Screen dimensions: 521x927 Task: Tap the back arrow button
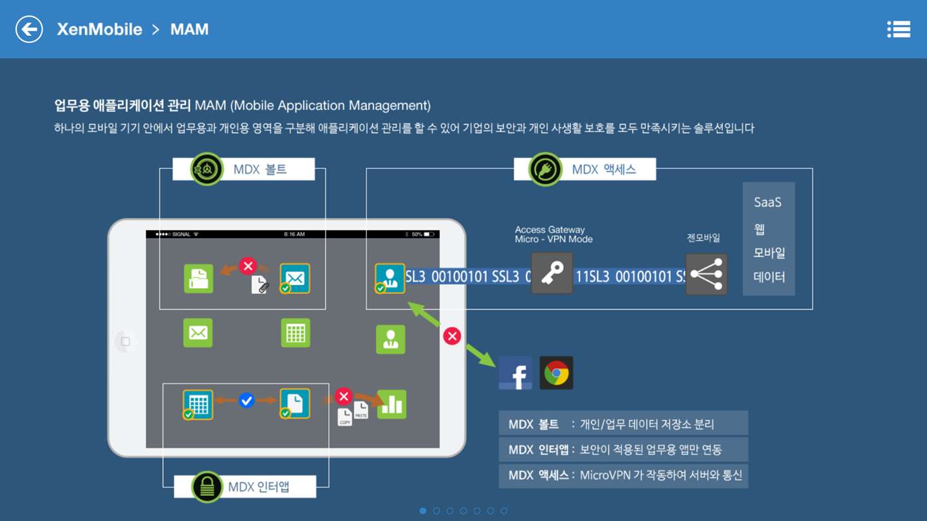(x=29, y=30)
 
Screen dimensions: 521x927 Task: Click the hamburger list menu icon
(x=899, y=30)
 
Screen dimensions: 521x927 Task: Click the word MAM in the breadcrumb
(x=189, y=30)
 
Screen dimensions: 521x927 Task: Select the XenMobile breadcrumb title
(x=99, y=30)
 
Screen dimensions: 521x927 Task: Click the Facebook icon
(x=516, y=373)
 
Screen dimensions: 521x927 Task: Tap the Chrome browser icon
(x=556, y=373)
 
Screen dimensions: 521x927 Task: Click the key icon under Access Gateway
(x=552, y=273)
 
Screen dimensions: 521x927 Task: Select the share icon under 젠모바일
(x=706, y=275)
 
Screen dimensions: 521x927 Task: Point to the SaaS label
(x=767, y=202)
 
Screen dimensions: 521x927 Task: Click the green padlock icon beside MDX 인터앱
(x=207, y=487)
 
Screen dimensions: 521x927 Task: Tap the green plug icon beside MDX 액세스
(x=545, y=169)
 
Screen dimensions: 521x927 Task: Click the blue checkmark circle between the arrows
(x=246, y=401)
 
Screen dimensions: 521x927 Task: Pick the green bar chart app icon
(x=391, y=404)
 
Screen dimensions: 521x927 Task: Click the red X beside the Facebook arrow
(x=452, y=336)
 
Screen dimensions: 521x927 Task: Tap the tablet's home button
(x=126, y=342)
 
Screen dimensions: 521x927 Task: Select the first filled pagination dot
(x=423, y=511)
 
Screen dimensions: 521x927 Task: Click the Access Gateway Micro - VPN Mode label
(x=554, y=234)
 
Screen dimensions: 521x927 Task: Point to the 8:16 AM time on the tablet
(x=294, y=234)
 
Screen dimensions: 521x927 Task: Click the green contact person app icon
(x=391, y=339)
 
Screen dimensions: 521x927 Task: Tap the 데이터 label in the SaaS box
(x=769, y=277)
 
